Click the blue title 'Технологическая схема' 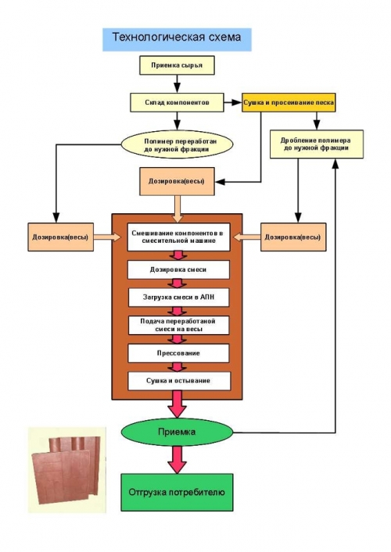click(177, 39)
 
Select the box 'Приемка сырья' click(177, 65)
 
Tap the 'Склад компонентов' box click(177, 102)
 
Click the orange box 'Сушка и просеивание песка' click(289, 102)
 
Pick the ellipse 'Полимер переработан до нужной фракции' click(177, 145)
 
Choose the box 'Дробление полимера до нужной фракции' click(317, 144)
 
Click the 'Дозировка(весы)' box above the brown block click(177, 181)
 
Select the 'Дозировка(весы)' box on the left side click(61, 237)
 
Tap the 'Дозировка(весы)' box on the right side click(293, 237)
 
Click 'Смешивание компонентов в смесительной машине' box click(178, 237)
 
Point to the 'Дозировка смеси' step click(178, 269)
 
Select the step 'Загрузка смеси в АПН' click(178, 297)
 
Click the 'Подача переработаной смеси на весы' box click(178, 325)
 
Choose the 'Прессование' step click(178, 353)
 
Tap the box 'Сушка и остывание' click(179, 380)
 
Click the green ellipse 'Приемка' click(177, 432)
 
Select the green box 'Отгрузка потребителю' click(177, 492)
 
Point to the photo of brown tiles click(67, 470)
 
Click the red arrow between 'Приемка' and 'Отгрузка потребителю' click(177, 460)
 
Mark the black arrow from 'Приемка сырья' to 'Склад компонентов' click(177, 84)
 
